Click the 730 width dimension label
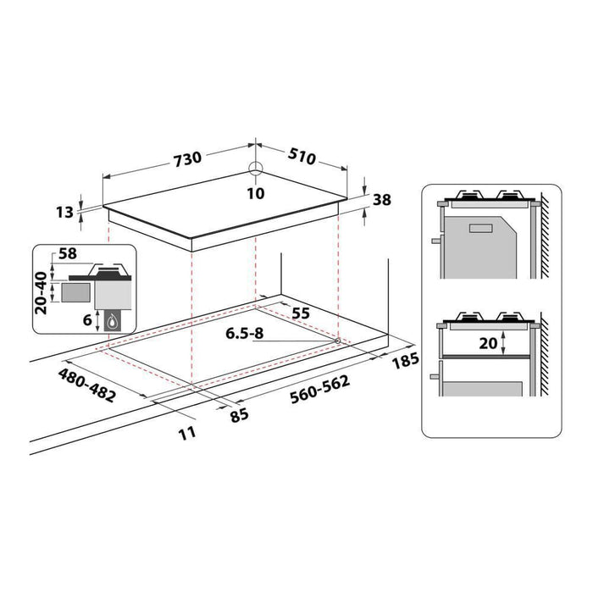point(187,158)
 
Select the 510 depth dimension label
point(302,158)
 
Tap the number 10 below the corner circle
point(256,193)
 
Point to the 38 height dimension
point(381,201)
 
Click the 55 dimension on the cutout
point(301,313)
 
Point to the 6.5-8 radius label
point(245,335)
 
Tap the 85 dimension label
point(241,415)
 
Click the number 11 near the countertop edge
point(187,432)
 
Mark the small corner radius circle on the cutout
point(338,341)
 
